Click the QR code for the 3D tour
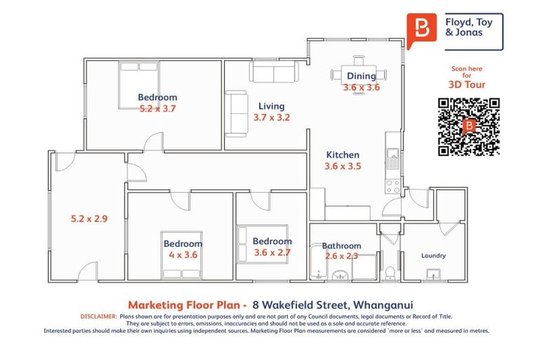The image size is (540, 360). point(469,127)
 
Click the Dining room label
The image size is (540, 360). point(361,76)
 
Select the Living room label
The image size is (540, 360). point(271,107)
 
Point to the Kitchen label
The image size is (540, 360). point(342,155)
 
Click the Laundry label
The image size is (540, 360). point(433,255)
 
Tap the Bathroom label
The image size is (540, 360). point(342,246)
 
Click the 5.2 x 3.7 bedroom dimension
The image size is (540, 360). point(157,109)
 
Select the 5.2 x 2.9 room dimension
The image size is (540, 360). point(89,219)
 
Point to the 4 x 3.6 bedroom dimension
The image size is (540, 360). point(183,255)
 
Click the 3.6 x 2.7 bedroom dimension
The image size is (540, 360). point(272,252)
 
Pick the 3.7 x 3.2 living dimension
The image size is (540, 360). point(271,118)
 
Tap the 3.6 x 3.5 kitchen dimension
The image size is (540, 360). point(342,167)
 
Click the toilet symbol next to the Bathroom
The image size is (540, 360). point(392,271)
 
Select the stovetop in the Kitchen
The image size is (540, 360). point(392,186)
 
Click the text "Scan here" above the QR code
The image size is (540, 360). point(467,69)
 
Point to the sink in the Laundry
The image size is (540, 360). point(435,274)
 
